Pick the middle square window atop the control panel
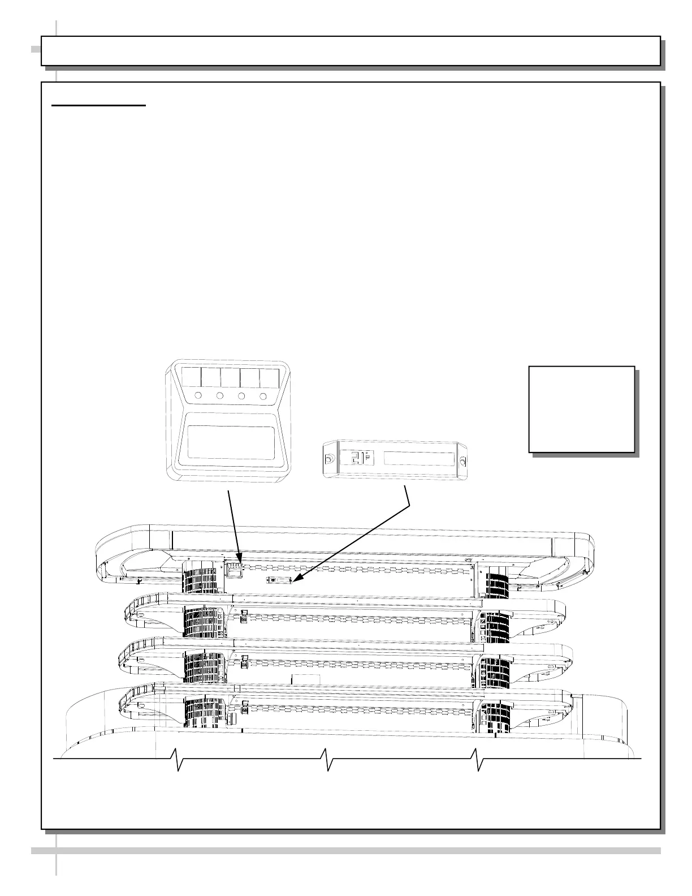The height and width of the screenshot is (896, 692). click(230, 377)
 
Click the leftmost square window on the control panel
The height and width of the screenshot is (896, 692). click(191, 377)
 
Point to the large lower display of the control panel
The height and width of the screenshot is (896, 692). click(231, 442)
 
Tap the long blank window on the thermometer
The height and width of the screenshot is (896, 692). click(418, 458)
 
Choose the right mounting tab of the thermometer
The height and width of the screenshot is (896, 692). click(462, 462)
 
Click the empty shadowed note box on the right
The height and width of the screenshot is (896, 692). click(581, 409)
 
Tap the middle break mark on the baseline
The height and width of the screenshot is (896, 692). click(326, 759)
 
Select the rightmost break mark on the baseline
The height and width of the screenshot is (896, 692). click(477, 759)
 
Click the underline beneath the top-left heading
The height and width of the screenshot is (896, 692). click(99, 105)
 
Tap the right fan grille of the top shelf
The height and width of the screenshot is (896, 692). click(499, 583)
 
